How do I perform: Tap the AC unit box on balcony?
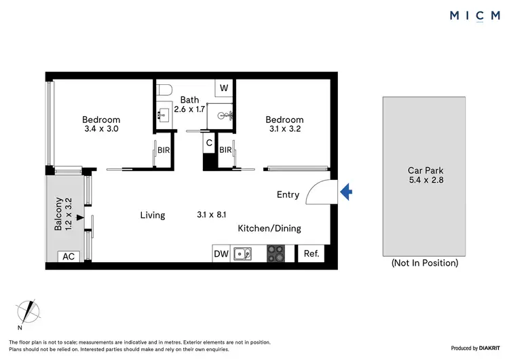(67, 256)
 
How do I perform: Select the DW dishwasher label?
(221, 253)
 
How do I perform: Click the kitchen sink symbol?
(242, 253)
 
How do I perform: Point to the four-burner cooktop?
(276, 253)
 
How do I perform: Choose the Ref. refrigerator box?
(312, 253)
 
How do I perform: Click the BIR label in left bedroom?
(163, 150)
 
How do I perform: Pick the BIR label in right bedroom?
(226, 150)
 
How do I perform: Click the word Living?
(153, 215)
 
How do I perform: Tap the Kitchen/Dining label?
(269, 228)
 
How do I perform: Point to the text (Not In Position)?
(424, 263)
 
